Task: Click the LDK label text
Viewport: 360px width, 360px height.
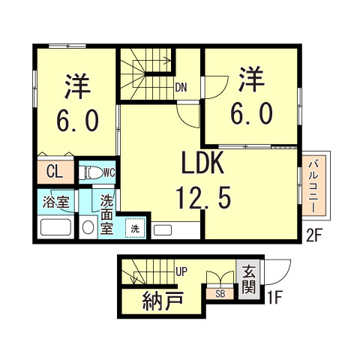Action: click(x=202, y=163)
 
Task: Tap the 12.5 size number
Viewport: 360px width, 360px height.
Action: click(x=203, y=197)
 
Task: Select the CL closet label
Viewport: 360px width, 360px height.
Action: click(x=55, y=172)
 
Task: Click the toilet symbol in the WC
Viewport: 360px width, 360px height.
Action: click(x=91, y=172)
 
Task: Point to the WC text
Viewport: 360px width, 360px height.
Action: click(x=109, y=172)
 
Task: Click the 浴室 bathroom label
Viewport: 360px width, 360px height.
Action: click(x=55, y=202)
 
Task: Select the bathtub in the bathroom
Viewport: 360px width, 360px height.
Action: click(x=55, y=227)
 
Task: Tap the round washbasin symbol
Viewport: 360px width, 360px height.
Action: click(x=88, y=227)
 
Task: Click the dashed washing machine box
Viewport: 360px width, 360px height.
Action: click(x=135, y=228)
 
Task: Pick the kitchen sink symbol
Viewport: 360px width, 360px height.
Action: click(x=163, y=230)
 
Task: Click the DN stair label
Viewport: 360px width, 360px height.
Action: click(x=181, y=88)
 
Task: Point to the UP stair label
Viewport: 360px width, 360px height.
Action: click(x=181, y=271)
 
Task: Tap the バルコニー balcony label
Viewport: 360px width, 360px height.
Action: click(x=313, y=187)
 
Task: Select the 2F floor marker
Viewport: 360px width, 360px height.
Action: click(x=313, y=236)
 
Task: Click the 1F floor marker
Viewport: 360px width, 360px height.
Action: click(x=274, y=298)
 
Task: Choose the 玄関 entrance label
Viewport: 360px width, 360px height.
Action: click(x=249, y=280)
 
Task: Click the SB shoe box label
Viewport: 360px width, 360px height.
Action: click(x=220, y=294)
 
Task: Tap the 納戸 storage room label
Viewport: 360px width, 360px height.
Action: click(x=163, y=301)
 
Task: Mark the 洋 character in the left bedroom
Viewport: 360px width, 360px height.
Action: click(x=77, y=86)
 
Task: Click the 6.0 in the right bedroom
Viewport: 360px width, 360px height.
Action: click(x=251, y=114)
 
